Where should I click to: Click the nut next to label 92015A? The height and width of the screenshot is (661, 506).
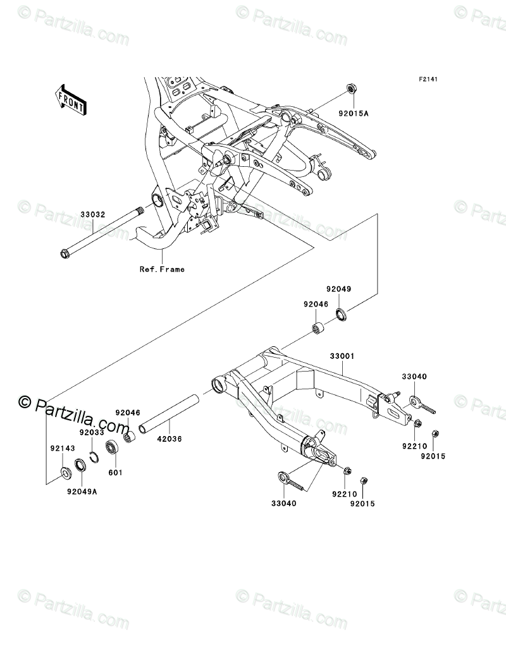352,88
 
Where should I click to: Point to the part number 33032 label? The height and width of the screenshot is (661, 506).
93,215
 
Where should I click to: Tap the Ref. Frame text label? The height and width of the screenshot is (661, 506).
163,270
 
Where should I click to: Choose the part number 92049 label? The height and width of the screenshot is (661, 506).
338,289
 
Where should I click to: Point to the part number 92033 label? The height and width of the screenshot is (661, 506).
91,434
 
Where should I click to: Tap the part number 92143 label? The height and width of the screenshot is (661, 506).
63,449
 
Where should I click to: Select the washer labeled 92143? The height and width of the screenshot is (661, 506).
65,472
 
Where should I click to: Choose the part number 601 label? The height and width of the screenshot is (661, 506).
117,472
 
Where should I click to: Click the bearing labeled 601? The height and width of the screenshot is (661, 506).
114,448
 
